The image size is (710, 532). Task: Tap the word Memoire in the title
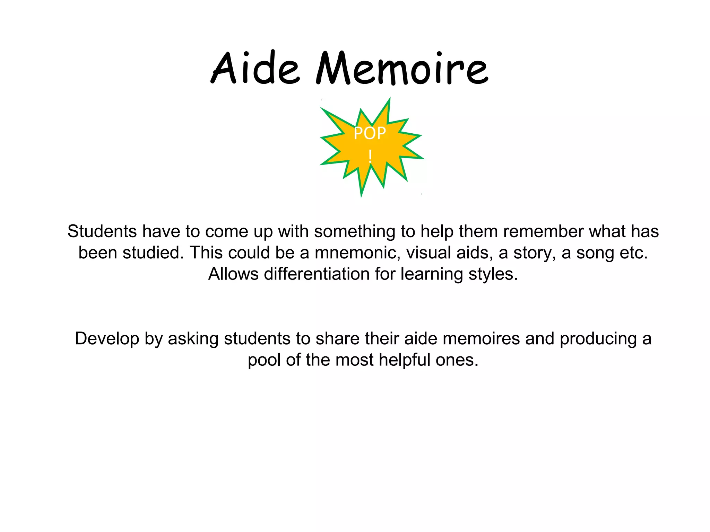402,68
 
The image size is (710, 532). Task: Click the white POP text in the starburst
370,133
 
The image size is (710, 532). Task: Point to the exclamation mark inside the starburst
370,156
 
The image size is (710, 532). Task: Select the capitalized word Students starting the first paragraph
102,231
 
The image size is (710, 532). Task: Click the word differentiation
317,274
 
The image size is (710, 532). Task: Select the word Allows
233,274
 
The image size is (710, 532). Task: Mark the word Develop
107,339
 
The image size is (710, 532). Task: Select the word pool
264,360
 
